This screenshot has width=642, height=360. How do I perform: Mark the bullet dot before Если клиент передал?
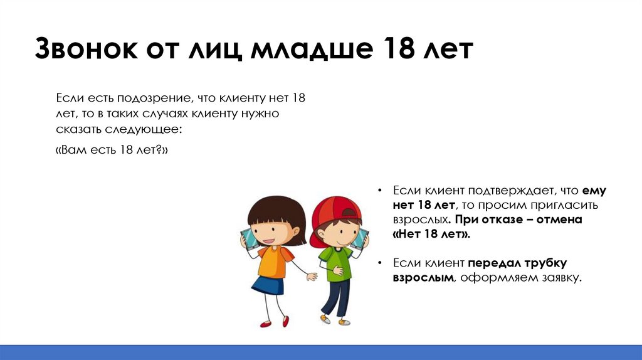[x=381, y=263]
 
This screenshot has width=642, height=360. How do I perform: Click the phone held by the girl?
[x=248, y=239]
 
